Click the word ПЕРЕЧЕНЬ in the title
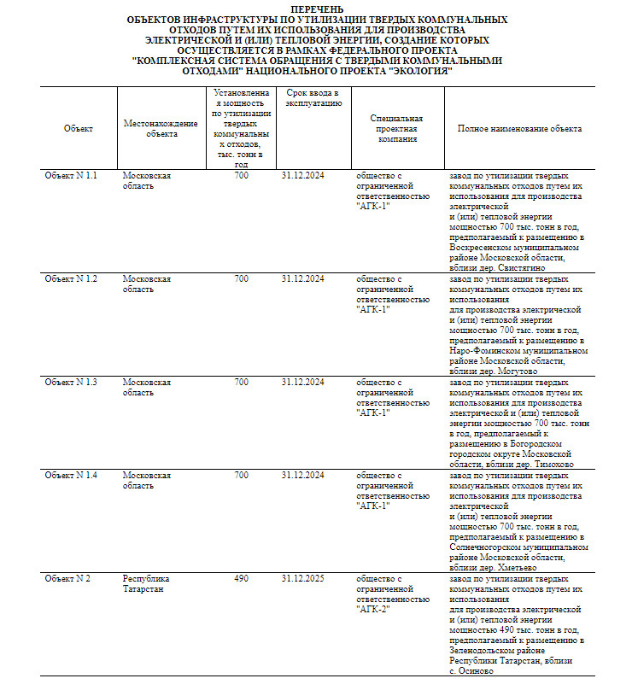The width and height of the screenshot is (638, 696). tap(317, 8)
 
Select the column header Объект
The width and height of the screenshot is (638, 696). tap(78, 128)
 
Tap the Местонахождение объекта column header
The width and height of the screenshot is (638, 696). tap(161, 128)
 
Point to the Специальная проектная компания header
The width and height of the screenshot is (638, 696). tap(396, 128)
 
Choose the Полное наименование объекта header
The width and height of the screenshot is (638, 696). tap(519, 128)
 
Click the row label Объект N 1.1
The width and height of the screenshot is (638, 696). tap(72, 176)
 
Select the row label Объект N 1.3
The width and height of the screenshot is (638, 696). tap(72, 382)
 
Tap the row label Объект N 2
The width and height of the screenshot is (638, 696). tap(67, 579)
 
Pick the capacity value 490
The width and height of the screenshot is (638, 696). tap(241, 579)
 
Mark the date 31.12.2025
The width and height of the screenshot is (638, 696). tap(302, 579)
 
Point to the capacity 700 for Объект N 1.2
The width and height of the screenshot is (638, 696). tap(241, 279)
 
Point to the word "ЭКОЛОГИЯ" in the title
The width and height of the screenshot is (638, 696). tap(420, 71)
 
